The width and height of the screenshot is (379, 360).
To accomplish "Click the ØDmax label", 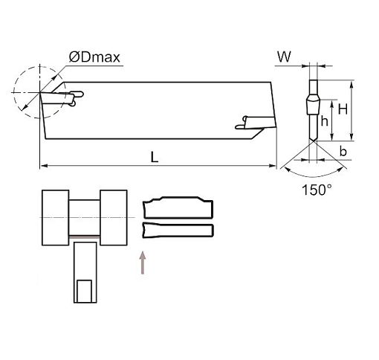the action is [x=94, y=57].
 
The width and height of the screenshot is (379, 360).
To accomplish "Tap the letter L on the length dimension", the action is [x=155, y=157].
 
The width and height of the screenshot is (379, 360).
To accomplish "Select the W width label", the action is [x=284, y=57].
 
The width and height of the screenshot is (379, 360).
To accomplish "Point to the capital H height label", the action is [x=343, y=109].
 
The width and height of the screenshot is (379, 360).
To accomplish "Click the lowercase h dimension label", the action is [x=325, y=121].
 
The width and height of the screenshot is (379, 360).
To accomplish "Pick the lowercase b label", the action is [x=343, y=151].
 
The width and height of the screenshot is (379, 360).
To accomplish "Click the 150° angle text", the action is [x=317, y=190].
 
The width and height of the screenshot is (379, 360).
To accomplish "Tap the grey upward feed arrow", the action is [x=143, y=263].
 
